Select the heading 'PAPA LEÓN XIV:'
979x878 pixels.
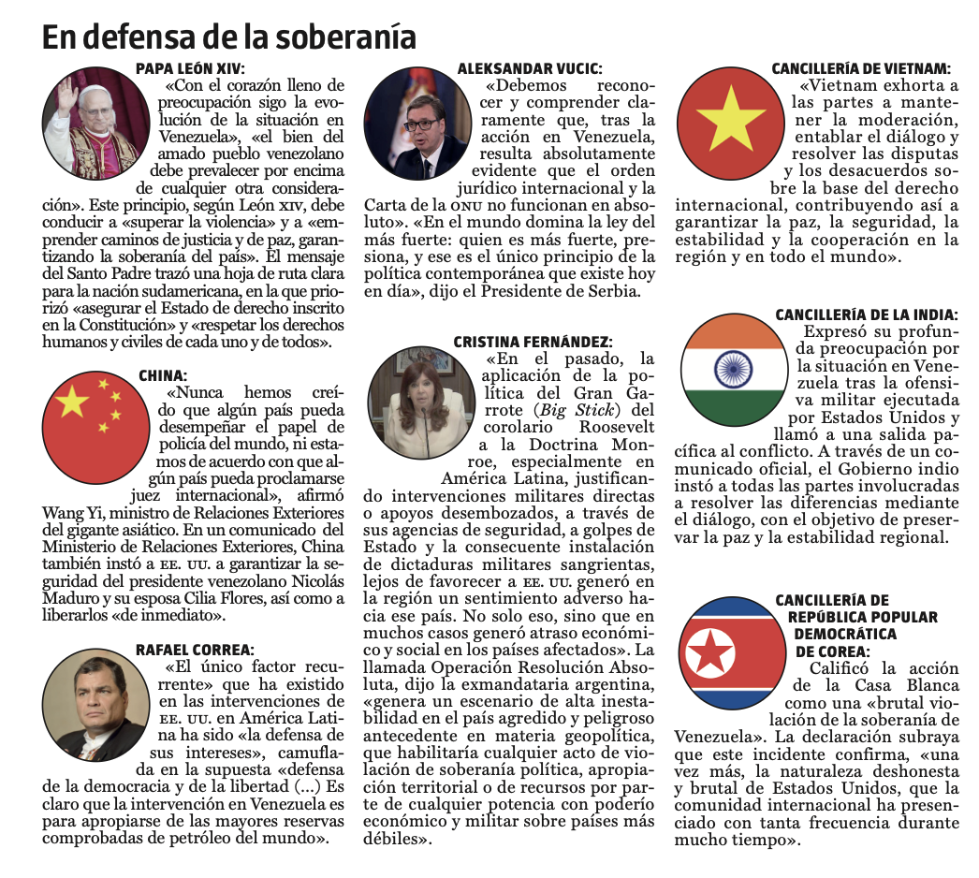190,68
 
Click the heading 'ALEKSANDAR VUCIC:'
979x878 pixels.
529,68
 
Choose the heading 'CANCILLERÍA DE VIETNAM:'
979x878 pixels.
861,68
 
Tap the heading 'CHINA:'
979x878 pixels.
163,375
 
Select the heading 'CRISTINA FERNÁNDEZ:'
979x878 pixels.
533,342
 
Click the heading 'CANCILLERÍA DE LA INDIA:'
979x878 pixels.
867,315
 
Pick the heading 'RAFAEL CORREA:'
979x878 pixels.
195,650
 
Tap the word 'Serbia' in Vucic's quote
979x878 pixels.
613,291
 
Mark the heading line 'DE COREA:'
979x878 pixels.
833,651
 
